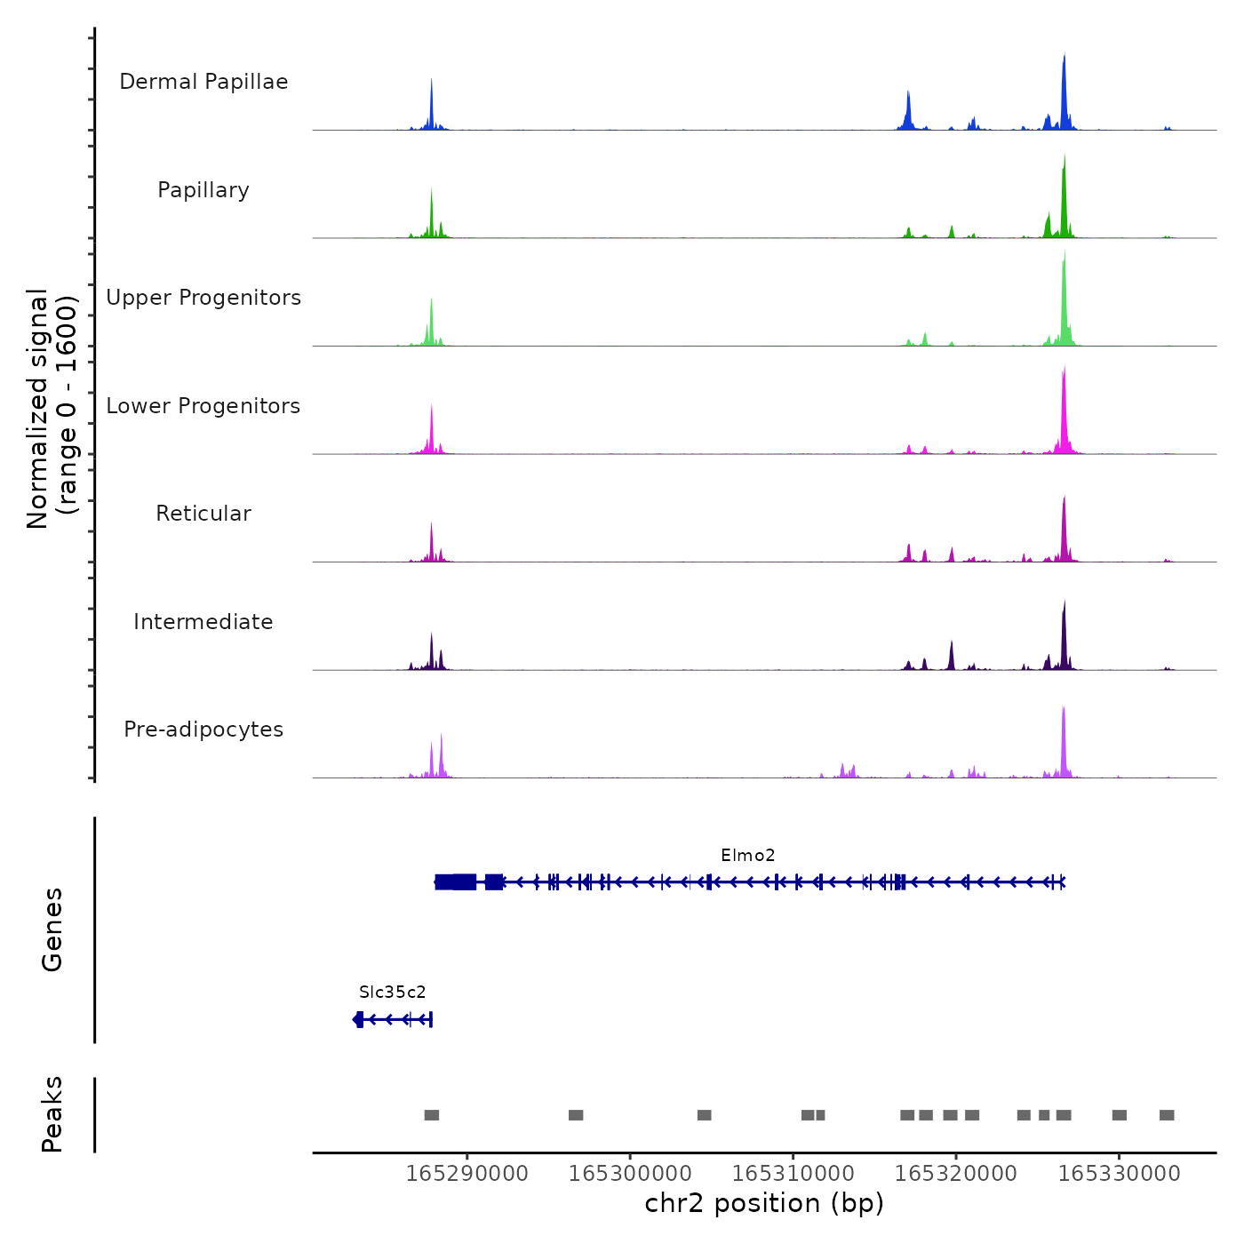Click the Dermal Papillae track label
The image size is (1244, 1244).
point(203,82)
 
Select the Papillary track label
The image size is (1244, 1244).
point(203,190)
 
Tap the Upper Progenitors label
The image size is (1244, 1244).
point(203,298)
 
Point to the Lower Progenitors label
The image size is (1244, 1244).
point(203,406)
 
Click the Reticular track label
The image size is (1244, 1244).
point(203,514)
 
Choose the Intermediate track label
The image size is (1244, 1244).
point(203,622)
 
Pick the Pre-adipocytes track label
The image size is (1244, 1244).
point(203,730)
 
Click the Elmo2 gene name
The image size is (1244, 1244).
point(747,855)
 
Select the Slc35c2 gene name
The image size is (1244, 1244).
point(392,992)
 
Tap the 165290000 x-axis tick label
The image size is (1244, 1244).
point(466,1174)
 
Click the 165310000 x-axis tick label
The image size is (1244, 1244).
point(793,1174)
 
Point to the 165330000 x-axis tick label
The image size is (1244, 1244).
point(1119,1174)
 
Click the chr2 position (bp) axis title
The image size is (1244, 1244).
point(764,1203)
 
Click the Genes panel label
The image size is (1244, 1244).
point(52,929)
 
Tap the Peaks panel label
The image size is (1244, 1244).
point(52,1114)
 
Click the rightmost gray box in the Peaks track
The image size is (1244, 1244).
point(1167,1115)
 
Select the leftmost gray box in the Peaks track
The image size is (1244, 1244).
point(432,1115)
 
